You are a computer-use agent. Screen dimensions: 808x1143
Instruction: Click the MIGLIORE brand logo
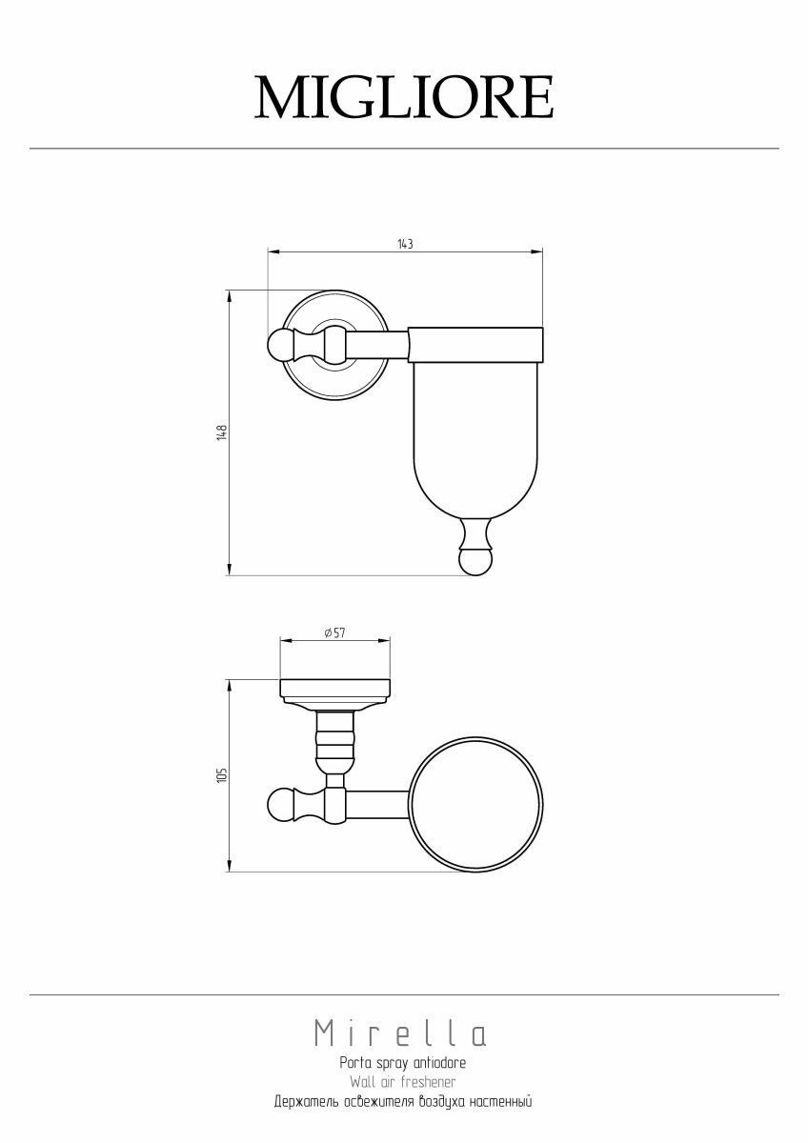[x=404, y=96]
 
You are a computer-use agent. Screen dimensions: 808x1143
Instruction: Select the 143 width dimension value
[x=405, y=244]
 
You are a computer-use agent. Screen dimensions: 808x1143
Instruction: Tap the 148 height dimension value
[x=222, y=432]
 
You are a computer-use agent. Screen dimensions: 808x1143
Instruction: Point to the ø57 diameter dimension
[x=334, y=632]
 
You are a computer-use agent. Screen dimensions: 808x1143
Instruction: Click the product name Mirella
[x=400, y=1033]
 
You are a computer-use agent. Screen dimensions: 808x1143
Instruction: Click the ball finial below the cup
[x=475, y=561]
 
